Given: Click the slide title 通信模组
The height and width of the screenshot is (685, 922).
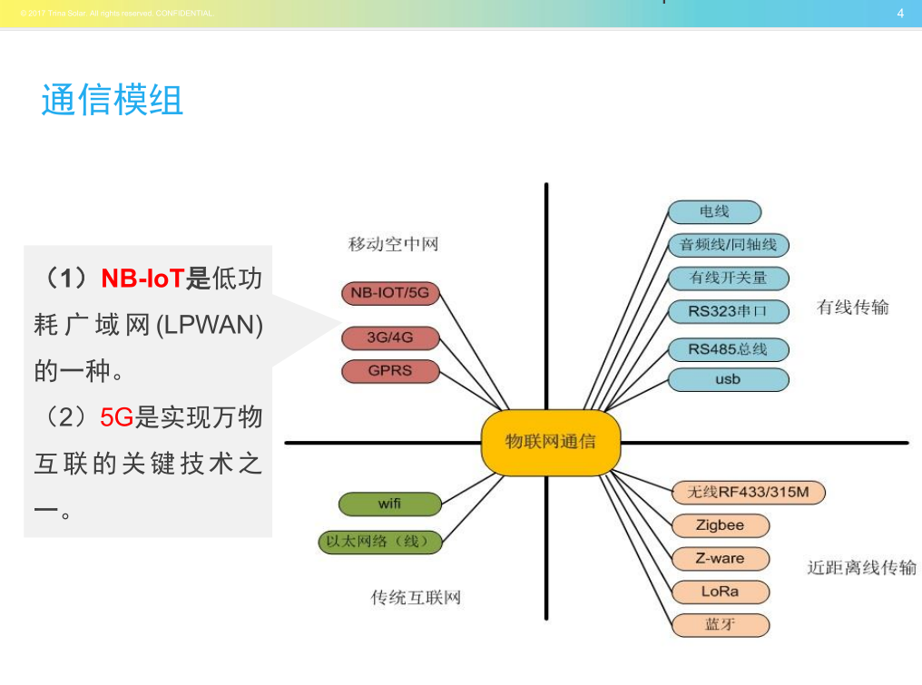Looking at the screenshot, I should pyautogui.click(x=113, y=100).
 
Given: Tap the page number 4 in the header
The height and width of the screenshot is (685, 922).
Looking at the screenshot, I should pyautogui.click(x=900, y=13).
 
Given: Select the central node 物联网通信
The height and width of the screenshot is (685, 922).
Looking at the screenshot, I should pyautogui.click(x=551, y=443).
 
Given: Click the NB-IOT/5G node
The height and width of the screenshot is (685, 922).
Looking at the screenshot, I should pyautogui.click(x=389, y=293).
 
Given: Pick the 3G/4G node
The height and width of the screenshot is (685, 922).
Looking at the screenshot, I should pyautogui.click(x=390, y=338).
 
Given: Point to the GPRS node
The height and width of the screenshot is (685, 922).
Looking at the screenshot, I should pyautogui.click(x=390, y=371).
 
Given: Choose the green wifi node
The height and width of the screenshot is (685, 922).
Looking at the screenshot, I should pyautogui.click(x=390, y=504).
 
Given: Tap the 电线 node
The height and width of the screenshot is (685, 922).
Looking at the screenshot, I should pyautogui.click(x=714, y=212).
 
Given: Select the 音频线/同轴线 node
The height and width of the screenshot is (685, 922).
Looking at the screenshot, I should pyautogui.click(x=728, y=245).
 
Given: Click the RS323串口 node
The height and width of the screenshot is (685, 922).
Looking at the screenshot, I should pyautogui.click(x=728, y=311).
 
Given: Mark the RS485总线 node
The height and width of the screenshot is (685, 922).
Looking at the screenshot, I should pyautogui.click(x=728, y=349).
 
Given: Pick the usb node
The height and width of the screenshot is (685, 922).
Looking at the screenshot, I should pyautogui.click(x=728, y=379).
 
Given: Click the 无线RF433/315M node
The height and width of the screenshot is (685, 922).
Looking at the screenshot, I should pyautogui.click(x=748, y=493).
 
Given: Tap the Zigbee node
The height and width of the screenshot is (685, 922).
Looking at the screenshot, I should pyautogui.click(x=720, y=525).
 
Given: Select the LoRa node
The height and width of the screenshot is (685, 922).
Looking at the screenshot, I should pyautogui.click(x=720, y=592).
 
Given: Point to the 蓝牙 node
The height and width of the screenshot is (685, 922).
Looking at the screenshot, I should pyautogui.click(x=720, y=625).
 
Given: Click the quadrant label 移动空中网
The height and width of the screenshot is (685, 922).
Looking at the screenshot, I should pyautogui.click(x=393, y=244).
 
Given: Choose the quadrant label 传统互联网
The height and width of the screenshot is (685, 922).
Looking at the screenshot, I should pyautogui.click(x=416, y=598).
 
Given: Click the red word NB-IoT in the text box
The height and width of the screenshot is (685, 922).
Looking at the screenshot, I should pyautogui.click(x=142, y=279).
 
